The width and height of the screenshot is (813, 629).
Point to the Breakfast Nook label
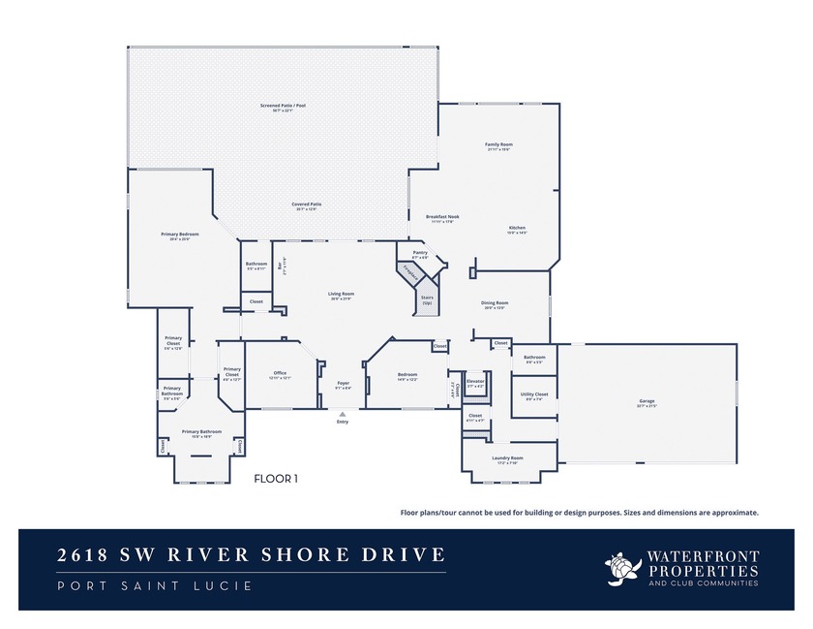[441, 218]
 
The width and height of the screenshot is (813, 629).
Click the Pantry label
[420, 254]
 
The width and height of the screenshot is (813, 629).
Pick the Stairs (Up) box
[427, 300]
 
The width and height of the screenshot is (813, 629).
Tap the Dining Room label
[494, 305]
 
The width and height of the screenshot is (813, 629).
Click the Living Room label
[341, 296]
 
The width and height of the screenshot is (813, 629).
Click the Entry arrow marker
[342, 415]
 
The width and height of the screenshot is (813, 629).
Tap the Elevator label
[475, 382]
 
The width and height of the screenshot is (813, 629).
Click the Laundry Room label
[508, 458]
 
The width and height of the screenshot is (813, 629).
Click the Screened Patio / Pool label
[283, 107]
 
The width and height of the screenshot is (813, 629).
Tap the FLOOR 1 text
[276, 478]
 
